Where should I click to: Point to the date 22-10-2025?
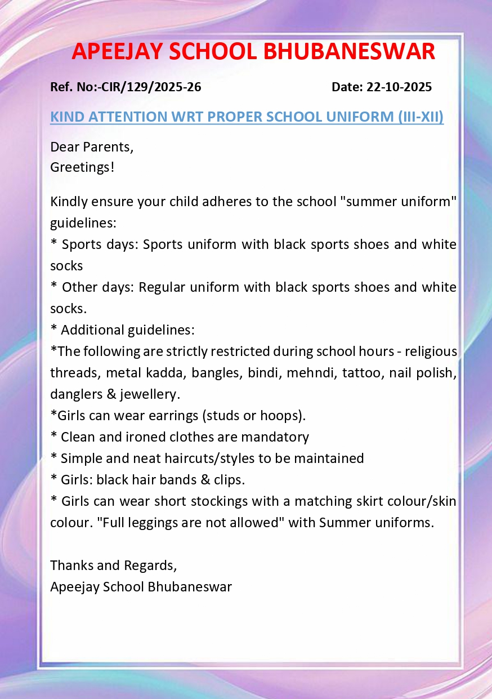click(x=399, y=87)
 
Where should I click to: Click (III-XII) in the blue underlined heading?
click(x=420, y=117)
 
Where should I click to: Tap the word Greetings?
click(x=82, y=167)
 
